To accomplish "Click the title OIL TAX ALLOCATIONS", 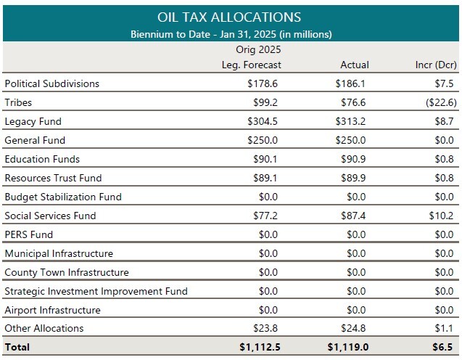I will (x=229, y=17).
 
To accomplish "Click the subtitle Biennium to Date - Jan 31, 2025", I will (x=231, y=33).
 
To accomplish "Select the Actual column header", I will (x=354, y=65).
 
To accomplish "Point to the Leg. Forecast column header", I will (x=251, y=65).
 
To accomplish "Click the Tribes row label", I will (x=18, y=102).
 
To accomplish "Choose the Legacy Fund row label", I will (x=33, y=121).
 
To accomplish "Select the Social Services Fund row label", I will (x=50, y=216).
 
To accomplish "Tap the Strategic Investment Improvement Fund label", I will (x=96, y=291).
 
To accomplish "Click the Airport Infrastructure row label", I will (x=52, y=310).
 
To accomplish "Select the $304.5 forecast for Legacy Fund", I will (x=264, y=121).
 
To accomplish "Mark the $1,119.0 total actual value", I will (x=348, y=347).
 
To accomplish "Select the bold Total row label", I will (x=17, y=347).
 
